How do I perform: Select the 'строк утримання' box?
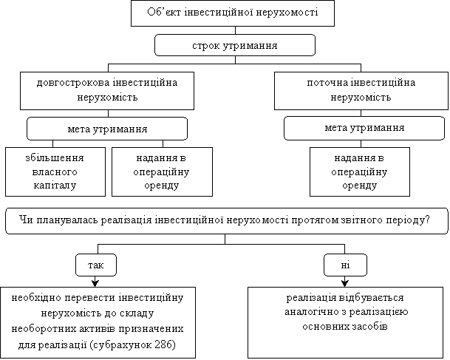(234, 46)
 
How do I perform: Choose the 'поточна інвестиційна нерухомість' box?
(361, 89)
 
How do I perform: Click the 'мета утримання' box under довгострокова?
(106, 129)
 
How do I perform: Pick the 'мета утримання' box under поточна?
(364, 129)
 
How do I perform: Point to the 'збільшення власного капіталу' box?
(53, 171)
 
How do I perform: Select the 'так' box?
(96, 263)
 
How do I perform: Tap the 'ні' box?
(345, 263)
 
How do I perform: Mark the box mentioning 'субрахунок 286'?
(98, 322)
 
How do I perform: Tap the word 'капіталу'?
(53, 185)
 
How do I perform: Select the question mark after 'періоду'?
(427, 220)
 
